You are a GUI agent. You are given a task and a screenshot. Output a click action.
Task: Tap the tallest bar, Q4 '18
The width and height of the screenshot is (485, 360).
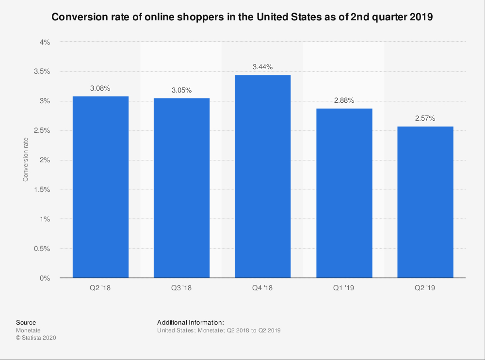click(262, 176)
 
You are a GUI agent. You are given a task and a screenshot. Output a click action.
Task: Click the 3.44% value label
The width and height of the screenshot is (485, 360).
click(262, 67)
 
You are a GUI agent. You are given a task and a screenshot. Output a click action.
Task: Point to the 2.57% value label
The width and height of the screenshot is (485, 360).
click(425, 119)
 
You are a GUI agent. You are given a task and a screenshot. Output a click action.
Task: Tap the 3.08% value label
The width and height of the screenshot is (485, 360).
click(100, 89)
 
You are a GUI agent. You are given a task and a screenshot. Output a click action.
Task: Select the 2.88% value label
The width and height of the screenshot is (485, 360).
click(344, 101)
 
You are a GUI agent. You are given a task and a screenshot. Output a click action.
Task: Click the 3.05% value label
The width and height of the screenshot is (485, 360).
click(181, 91)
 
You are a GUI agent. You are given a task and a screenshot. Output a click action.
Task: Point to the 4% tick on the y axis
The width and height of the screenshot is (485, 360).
click(45, 42)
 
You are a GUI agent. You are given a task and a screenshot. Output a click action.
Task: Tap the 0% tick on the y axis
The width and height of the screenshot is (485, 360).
click(45, 278)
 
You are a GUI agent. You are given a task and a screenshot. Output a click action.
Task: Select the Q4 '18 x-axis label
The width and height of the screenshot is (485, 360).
click(262, 288)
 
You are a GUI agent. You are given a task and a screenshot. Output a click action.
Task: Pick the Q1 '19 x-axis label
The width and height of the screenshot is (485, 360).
click(344, 288)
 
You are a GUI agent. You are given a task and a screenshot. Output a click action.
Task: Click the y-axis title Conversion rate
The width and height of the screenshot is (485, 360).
click(26, 160)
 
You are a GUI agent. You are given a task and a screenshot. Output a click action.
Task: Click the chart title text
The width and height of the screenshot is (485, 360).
click(242, 17)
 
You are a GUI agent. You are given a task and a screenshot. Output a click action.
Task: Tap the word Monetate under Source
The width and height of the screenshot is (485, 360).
click(28, 330)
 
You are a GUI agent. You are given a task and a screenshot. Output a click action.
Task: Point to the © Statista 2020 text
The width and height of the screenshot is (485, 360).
click(36, 338)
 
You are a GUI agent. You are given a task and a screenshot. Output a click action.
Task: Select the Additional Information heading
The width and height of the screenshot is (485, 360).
click(191, 322)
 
